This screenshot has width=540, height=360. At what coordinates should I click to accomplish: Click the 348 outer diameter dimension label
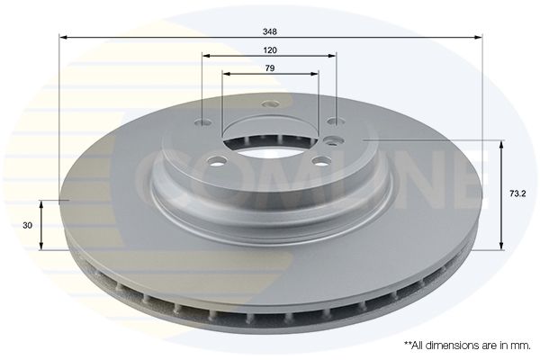coord(270,31)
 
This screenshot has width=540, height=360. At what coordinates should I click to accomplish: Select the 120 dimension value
coord(270,50)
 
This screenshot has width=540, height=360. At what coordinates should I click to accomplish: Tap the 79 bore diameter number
coord(270,68)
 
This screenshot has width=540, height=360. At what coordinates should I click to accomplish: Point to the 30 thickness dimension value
coord(27,225)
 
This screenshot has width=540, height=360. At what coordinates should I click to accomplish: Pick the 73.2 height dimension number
coord(517,193)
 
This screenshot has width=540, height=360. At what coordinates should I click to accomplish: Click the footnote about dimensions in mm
coord(467,346)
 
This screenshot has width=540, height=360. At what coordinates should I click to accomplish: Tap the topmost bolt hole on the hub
coord(271,103)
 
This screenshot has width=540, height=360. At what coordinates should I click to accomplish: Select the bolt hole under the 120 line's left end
coord(202,122)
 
